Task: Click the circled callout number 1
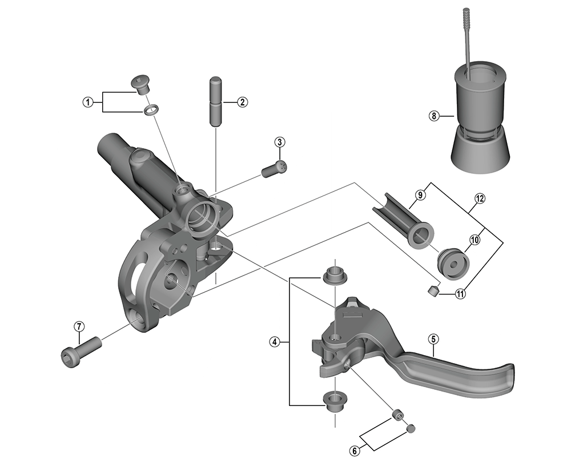pos(87,102)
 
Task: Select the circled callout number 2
pos(243,102)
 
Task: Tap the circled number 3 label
pos(279,142)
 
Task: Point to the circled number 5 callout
pos(433,339)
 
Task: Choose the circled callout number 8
pos(434,116)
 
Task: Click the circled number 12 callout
pos(480,199)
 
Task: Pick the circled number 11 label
pos(461,293)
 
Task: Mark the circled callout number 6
pos(355,451)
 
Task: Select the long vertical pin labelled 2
pos(215,101)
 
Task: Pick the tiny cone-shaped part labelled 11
pos(432,290)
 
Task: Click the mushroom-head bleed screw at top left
pos(140,84)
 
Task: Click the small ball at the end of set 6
pos(411,428)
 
